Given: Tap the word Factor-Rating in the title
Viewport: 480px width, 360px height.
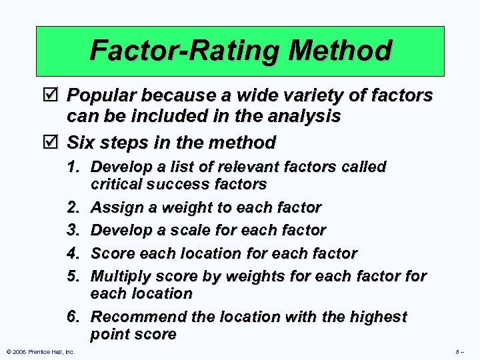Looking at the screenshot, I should pos(170,50).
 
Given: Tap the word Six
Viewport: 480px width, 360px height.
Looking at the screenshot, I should pos(81,143).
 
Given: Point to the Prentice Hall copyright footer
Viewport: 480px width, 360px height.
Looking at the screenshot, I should pos(40,351).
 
